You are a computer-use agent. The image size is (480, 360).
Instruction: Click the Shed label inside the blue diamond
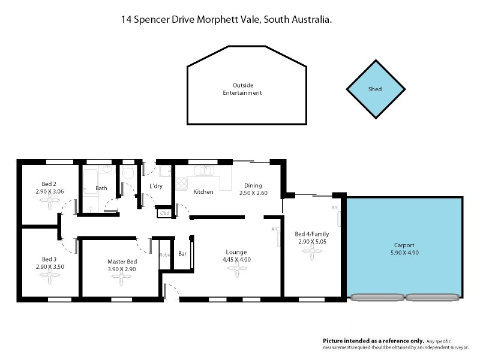coord(375,89)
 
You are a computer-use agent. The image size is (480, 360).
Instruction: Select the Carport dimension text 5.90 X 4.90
coord(404,254)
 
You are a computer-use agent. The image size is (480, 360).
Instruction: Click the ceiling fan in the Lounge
coord(236,269)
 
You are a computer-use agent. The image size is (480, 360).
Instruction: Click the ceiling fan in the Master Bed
coord(122,277)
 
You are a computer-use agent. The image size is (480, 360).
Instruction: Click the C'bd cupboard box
coord(164,212)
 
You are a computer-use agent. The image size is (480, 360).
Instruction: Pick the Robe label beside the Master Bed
coord(164,254)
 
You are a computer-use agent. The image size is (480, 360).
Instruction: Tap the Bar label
coord(182,254)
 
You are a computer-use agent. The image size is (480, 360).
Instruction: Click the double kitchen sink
coord(204,170)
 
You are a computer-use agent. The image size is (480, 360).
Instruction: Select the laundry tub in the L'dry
coord(163,172)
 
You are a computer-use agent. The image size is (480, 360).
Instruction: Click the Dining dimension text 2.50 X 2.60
coord(253,193)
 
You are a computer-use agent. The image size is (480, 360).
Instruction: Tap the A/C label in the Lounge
coord(275,229)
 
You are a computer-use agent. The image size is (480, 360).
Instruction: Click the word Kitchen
coord(203,192)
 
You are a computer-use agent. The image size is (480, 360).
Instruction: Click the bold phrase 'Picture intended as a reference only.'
coord(374,340)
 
